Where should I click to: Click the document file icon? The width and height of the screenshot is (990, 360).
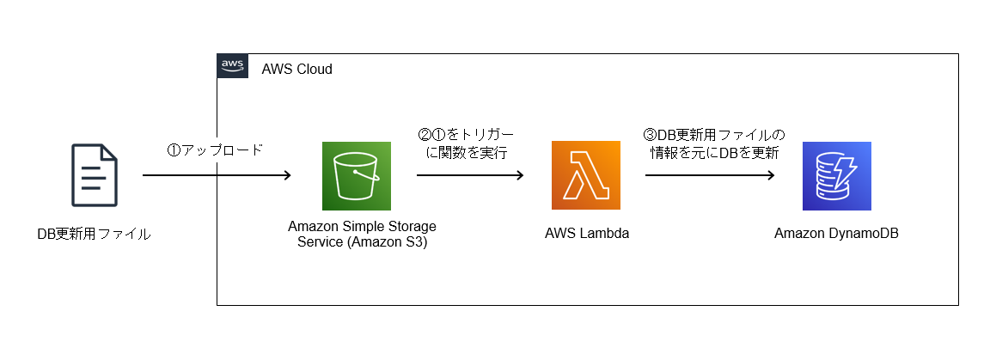coord(94,175)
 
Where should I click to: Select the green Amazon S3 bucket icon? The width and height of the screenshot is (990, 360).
coord(356,175)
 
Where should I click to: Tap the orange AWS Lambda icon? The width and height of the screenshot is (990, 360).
coord(586,175)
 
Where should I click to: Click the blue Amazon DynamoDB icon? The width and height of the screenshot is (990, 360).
coord(836,175)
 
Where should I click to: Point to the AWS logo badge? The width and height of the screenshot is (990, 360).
coord(232,65)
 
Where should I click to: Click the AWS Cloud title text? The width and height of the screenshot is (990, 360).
coord(296,69)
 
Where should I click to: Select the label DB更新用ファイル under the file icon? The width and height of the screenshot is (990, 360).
coord(94,235)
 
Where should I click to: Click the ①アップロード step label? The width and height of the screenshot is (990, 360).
coord(214,150)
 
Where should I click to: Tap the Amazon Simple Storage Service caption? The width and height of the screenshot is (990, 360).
coord(362,234)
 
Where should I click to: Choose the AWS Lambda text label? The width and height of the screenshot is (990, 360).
coord(587,233)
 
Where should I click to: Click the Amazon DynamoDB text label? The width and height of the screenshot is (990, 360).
coord(836,233)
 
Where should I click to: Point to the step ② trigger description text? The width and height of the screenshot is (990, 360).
coord(467,144)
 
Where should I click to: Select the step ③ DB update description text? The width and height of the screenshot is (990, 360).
coord(713,144)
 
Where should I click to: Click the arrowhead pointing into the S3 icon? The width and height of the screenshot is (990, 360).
coord(287,175)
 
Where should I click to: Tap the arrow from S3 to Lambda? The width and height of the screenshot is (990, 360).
coord(470,175)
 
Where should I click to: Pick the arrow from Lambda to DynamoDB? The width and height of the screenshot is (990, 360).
coord(711,175)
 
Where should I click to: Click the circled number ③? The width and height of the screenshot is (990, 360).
coord(650,136)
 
